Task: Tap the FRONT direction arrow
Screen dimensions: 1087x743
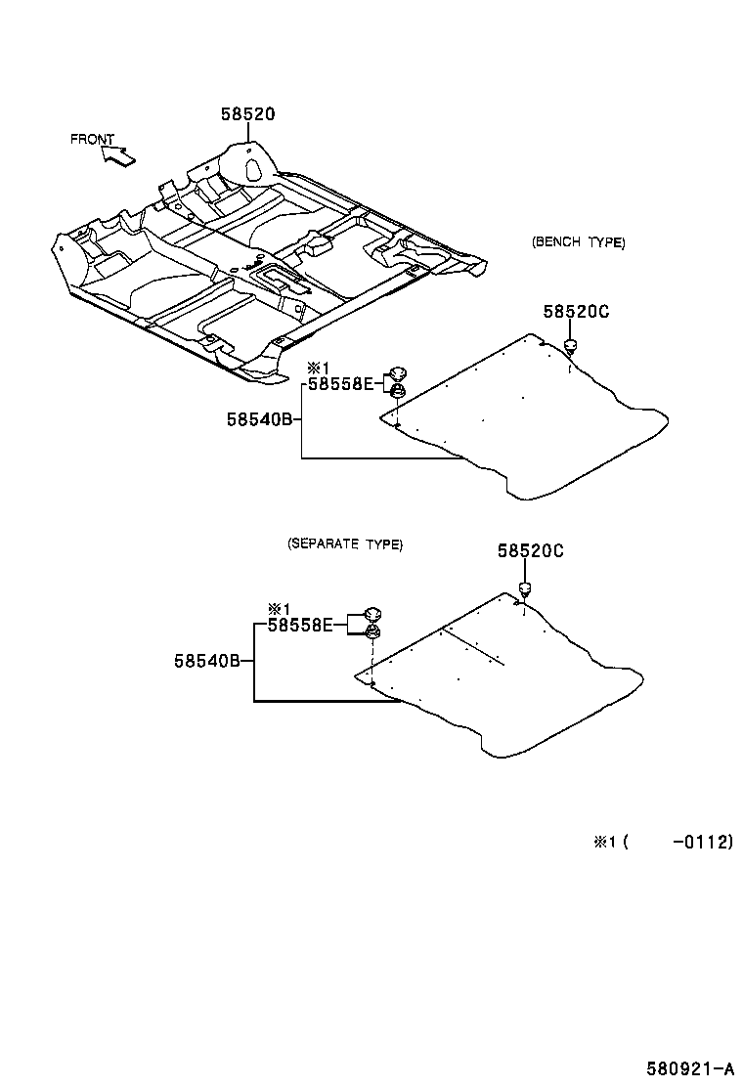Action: click(117, 153)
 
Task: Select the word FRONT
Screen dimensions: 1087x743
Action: click(92, 139)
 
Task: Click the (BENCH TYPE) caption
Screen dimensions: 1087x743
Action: click(578, 242)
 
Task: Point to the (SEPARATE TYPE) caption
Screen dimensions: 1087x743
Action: click(345, 544)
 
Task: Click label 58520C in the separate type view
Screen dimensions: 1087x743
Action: click(530, 551)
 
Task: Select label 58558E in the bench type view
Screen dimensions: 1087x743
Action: click(340, 384)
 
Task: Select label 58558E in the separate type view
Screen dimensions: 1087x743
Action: click(300, 624)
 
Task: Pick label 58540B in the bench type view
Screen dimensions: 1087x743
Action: click(259, 419)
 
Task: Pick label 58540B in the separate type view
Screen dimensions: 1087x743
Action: click(207, 661)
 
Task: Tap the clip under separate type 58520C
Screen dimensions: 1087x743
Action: click(525, 587)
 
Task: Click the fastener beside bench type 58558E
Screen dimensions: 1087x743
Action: click(398, 381)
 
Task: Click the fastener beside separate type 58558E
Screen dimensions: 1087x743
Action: click(372, 623)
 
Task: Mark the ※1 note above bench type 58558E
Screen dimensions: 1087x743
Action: click(319, 369)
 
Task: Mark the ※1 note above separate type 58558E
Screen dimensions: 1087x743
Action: click(280, 608)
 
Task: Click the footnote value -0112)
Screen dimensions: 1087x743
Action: click(702, 841)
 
